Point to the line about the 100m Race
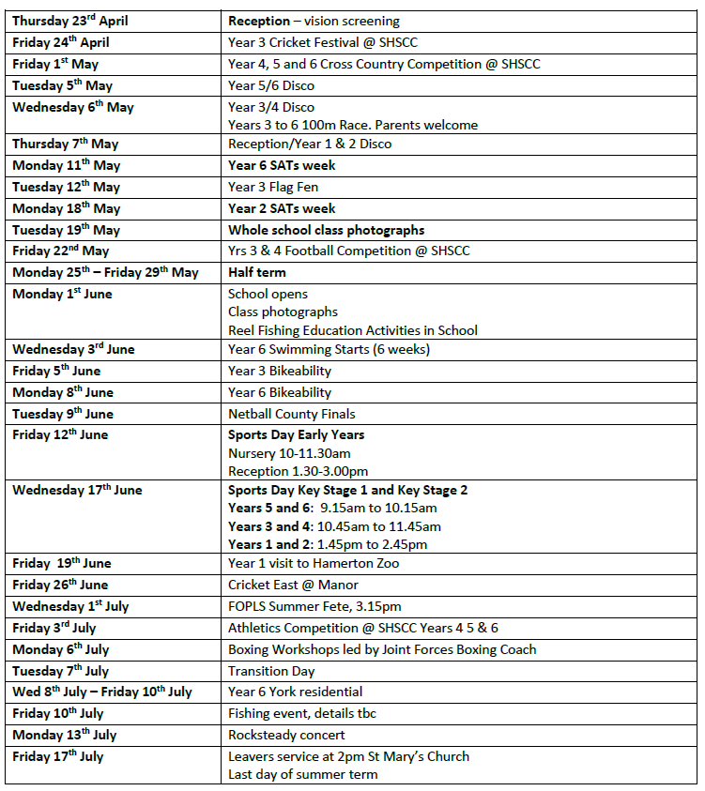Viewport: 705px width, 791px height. pyautogui.click(x=353, y=125)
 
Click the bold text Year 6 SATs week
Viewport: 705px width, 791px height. pyautogui.click(x=282, y=166)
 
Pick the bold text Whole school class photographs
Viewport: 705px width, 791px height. pyautogui.click(x=326, y=230)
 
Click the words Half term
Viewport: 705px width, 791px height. pyautogui.click(x=256, y=272)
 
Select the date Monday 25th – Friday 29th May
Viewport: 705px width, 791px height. pyautogui.click(x=105, y=272)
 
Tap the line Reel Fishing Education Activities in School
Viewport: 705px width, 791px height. pyautogui.click(x=352, y=330)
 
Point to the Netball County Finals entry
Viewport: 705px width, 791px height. pyautogui.click(x=291, y=414)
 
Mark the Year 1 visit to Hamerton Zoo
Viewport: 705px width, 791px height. pyautogui.click(x=314, y=563)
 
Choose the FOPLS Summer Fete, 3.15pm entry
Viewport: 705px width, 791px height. pyautogui.click(x=315, y=606)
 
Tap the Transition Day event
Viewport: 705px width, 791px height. pyautogui.click(x=271, y=671)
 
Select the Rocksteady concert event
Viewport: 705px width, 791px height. pyautogui.click(x=286, y=735)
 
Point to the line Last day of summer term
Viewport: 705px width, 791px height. pyautogui.click(x=302, y=774)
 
